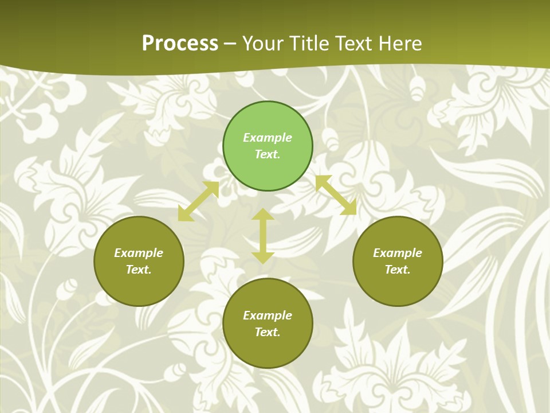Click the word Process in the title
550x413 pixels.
(x=180, y=44)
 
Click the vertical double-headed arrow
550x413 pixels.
(x=263, y=236)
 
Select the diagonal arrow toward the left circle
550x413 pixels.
(x=198, y=201)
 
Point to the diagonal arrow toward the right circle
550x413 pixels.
(x=336, y=195)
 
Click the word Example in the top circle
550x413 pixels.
(x=268, y=138)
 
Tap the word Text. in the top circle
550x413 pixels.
(x=268, y=154)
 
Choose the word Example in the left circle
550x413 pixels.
(x=139, y=253)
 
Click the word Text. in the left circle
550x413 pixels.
(x=139, y=270)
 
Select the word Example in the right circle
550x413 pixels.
(x=398, y=253)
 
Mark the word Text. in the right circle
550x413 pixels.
(x=398, y=270)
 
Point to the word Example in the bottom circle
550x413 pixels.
(x=268, y=315)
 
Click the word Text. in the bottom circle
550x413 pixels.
(x=268, y=332)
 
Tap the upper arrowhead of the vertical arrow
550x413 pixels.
(x=263, y=214)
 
